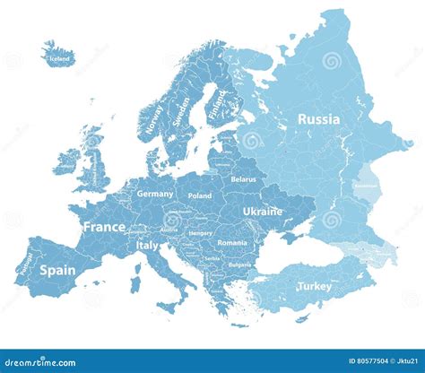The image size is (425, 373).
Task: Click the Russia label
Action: (318, 118)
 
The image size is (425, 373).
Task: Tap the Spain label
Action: (57, 269)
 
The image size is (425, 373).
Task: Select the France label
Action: (104, 228)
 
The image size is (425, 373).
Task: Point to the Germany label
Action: (155, 194)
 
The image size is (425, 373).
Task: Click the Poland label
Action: (200, 195)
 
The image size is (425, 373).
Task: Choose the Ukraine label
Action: (263, 212)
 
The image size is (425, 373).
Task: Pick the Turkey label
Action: (314, 287)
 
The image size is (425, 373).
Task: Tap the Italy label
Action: (147, 245)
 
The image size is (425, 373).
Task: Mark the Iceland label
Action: (60, 59)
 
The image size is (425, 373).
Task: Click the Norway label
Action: (153, 117)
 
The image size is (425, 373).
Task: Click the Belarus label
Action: (243, 179)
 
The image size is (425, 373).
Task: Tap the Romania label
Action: (231, 242)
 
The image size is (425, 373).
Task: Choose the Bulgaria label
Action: (239, 265)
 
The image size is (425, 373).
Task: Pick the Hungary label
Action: (200, 233)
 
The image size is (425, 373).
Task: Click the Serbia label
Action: (212, 257)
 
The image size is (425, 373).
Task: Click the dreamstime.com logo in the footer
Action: (40, 363)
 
